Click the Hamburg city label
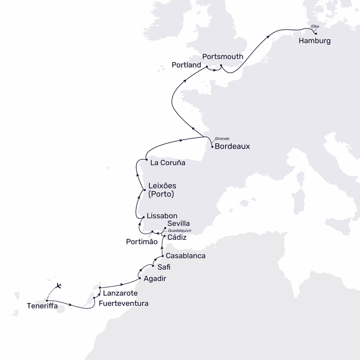tap(315, 41)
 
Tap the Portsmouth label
tap(223, 56)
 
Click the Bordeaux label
tap(232, 147)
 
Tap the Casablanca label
tap(186, 256)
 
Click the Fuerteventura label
tap(124, 304)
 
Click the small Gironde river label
tap(222, 138)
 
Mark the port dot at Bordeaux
tap(212, 147)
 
